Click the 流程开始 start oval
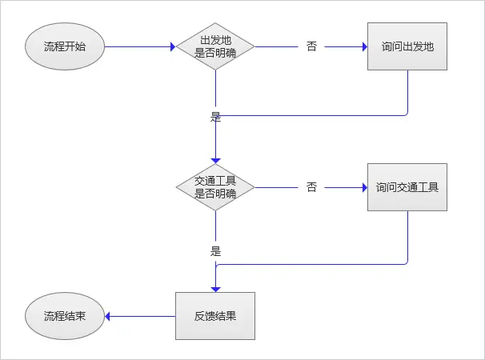(x=65, y=46)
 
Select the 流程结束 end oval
(x=65, y=315)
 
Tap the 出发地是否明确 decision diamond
(x=215, y=46)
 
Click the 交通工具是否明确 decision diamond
(x=215, y=188)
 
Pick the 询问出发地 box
(x=407, y=46)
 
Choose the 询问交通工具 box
(x=407, y=188)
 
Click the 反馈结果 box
(x=215, y=315)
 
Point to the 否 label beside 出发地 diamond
(x=311, y=46)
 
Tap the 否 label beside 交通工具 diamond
(x=311, y=188)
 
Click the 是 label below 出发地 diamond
(x=215, y=117)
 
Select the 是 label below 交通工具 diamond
(x=215, y=250)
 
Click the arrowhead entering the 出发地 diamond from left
(x=171, y=46)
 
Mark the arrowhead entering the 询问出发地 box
(x=363, y=46)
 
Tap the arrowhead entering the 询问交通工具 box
(x=363, y=188)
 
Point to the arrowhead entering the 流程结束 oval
(x=110, y=315)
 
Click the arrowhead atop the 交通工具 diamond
(x=215, y=161)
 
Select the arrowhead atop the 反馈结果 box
(x=215, y=289)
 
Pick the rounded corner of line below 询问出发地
(x=406, y=113)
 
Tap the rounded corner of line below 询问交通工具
(x=406, y=262)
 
